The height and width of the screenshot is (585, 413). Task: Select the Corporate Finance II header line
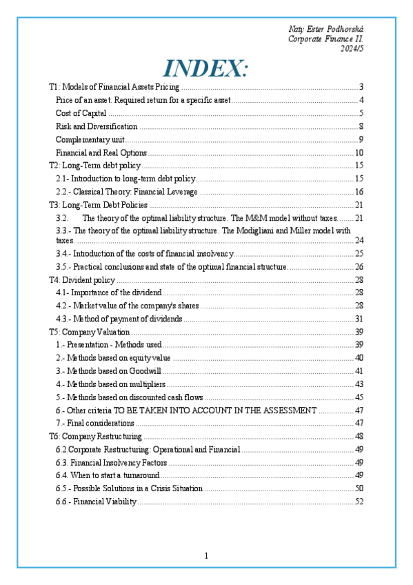[325, 39]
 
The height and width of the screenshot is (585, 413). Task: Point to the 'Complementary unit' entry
[85, 139]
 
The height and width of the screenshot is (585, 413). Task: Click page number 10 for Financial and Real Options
[359, 152]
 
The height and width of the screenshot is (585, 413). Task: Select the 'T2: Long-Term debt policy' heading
[94, 166]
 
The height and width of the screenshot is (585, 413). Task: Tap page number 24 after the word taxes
[359, 240]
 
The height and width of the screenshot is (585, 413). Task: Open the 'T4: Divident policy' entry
[81, 279]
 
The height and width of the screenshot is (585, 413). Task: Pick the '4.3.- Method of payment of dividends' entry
[119, 319]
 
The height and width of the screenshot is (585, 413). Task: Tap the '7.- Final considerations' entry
[95, 423]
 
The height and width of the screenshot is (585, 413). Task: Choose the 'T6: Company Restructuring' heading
[95, 436]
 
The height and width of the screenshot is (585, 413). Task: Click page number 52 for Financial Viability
[359, 502]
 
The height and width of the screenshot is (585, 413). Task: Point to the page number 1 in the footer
[206, 556]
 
